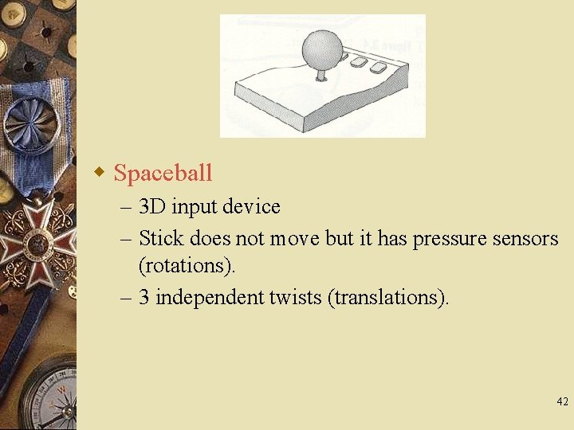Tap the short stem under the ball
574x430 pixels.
coord(321,76)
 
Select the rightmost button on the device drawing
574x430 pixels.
coord(378,68)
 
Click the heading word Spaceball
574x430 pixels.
coord(163,173)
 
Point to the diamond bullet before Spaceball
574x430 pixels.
coord(100,172)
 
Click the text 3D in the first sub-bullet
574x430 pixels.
coord(152,207)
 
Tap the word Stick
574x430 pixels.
coord(162,238)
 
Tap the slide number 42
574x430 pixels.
coord(562,402)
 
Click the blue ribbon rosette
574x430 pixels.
coord(29,127)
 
